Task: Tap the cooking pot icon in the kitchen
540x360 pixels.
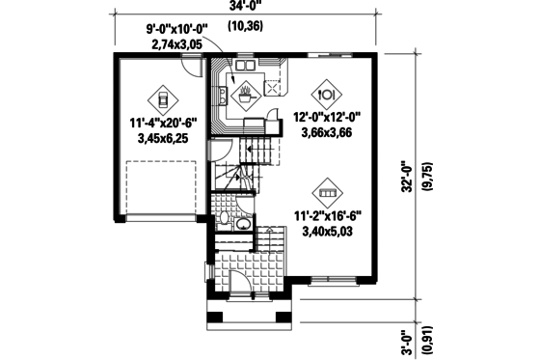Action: tap(246, 95)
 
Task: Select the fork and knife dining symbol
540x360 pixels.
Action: tap(325, 95)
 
